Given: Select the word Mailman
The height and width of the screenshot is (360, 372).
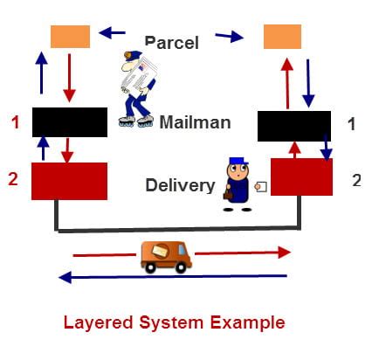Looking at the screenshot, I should click(x=195, y=122).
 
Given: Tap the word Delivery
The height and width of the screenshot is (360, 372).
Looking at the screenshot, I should click(x=179, y=184).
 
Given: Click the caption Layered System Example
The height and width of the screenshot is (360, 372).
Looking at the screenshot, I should click(x=174, y=322).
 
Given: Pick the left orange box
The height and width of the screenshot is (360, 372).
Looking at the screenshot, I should click(x=70, y=37).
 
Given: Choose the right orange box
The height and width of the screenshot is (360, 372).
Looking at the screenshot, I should click(x=282, y=37).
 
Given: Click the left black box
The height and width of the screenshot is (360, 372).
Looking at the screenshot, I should click(x=69, y=122).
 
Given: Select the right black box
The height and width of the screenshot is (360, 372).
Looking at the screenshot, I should click(x=294, y=126).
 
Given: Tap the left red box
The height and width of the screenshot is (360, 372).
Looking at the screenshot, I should click(x=69, y=181).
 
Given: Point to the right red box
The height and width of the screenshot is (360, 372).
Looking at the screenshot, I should click(x=301, y=177).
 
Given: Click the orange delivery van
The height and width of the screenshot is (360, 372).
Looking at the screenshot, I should click(x=166, y=254).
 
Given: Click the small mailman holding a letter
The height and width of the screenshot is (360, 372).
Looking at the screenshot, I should click(x=238, y=183).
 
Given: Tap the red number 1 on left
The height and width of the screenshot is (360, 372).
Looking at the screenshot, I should click(x=15, y=123).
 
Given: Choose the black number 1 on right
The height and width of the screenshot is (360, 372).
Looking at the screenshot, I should click(x=351, y=124).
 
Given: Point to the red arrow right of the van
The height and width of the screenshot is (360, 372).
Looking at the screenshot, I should click(x=241, y=253).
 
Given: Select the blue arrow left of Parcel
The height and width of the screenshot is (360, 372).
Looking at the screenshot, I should click(x=112, y=34).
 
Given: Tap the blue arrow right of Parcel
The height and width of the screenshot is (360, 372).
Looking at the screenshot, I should click(x=229, y=37).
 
